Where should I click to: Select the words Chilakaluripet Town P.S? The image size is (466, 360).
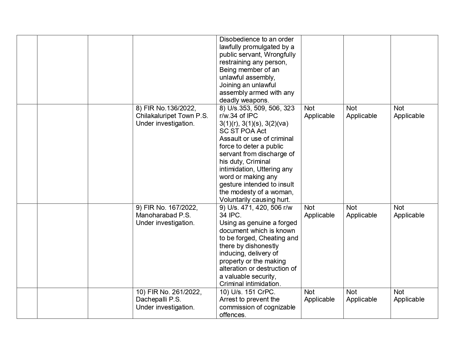point(172,116)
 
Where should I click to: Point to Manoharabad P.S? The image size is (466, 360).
point(163,215)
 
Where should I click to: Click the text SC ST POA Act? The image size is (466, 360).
point(243,131)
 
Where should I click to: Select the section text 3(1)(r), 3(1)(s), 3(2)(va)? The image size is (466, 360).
point(254,123)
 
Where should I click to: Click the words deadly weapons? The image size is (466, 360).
point(244,100)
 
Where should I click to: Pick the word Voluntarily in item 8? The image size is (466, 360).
point(235,200)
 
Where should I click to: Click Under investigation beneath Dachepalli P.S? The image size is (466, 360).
point(165,307)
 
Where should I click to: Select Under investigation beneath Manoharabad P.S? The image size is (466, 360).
point(165,223)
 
